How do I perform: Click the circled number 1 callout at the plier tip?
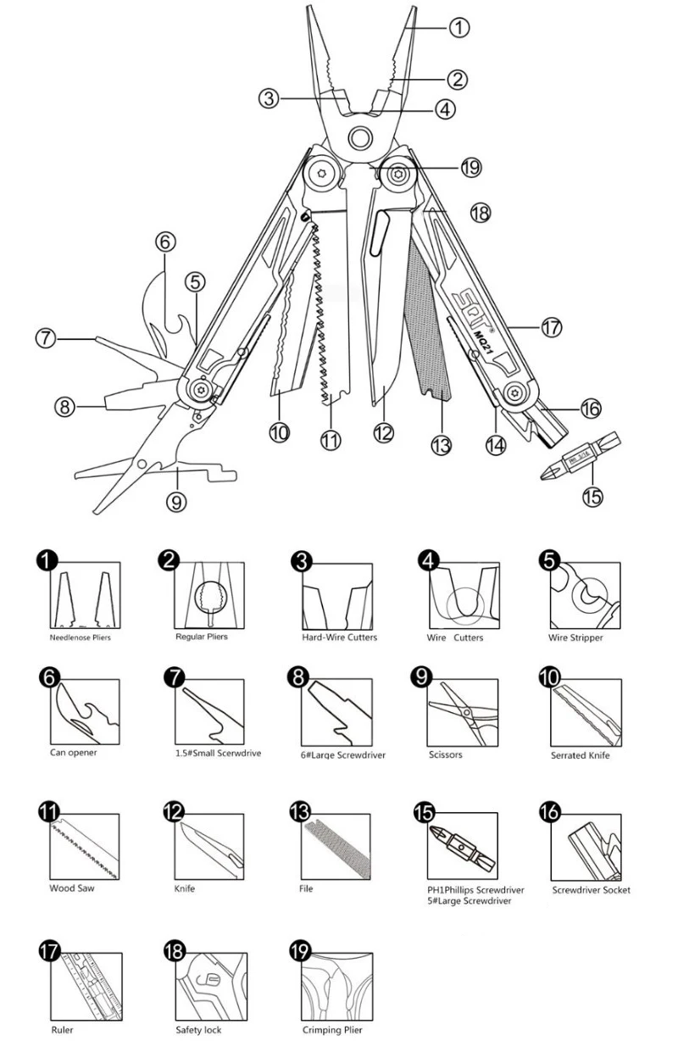458,27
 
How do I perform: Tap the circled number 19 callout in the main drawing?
471,168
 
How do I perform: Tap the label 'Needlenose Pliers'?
80,637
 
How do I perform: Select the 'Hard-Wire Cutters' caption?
340,637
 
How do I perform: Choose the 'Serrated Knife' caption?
580,755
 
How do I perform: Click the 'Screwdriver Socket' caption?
591,890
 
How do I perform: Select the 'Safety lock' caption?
198,1031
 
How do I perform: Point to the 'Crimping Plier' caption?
331,1031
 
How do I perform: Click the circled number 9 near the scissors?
176,502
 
